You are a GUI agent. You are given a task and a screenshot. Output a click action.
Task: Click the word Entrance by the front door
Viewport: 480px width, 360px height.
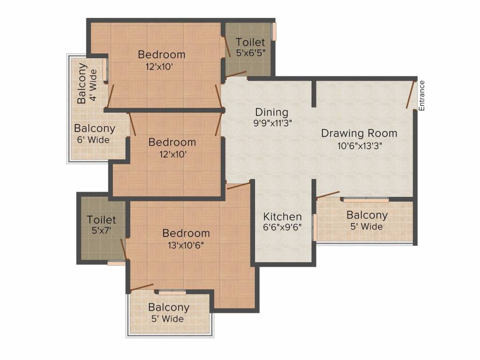(x=421, y=96)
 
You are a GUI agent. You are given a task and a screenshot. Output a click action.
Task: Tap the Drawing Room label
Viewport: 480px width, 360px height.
(x=359, y=133)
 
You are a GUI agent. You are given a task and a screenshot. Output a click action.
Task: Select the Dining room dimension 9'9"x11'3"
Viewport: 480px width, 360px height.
(x=271, y=124)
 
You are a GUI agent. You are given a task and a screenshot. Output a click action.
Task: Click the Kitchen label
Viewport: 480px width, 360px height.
(x=282, y=217)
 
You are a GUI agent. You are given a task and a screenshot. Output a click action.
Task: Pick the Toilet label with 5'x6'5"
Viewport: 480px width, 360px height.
(x=250, y=42)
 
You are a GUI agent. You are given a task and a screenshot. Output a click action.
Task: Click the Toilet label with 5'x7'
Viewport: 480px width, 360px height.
(x=101, y=219)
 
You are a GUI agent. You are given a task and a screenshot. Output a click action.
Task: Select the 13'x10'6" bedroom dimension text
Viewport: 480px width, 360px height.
(x=186, y=245)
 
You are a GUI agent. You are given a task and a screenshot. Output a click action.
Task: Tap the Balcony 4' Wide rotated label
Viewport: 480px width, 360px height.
(x=87, y=83)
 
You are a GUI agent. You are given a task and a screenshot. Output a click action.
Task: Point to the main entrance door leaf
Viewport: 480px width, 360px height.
(x=411, y=95)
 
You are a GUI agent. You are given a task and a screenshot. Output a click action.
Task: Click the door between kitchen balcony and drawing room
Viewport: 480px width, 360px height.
(x=328, y=195)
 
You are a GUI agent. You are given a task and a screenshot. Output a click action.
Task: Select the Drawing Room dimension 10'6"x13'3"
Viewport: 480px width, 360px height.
(x=359, y=145)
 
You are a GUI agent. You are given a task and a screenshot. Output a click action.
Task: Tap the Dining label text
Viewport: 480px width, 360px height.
(x=271, y=112)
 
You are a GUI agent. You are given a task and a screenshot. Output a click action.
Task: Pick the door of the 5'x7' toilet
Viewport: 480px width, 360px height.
(x=124, y=248)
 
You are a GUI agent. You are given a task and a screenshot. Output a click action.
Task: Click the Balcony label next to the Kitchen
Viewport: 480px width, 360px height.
(x=367, y=215)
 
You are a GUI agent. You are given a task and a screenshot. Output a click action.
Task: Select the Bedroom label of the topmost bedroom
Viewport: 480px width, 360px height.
(x=161, y=54)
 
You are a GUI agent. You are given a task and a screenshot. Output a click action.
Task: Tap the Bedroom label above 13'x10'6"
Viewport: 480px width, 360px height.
(x=186, y=233)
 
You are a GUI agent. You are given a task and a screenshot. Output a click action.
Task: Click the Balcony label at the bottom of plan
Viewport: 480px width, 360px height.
(x=169, y=307)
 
